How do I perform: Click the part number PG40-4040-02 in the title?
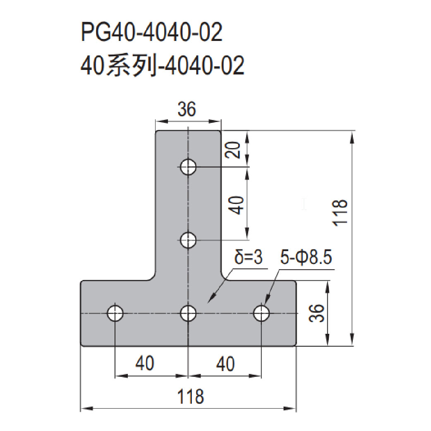coord(152,32)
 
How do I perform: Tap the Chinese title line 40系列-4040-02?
coord(163,65)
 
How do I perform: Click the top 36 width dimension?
coord(187,109)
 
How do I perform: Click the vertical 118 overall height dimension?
coord(340,213)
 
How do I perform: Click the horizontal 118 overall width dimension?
coord(191,396)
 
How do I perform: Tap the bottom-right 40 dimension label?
coord(225,364)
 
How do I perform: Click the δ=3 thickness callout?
coord(249,257)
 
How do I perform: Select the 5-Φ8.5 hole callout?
coord(306,257)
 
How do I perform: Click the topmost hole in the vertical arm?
coord(188,167)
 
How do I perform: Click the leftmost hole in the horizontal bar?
coord(115,313)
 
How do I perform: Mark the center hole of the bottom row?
coord(188,313)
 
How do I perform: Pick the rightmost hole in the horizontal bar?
coord(261,313)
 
